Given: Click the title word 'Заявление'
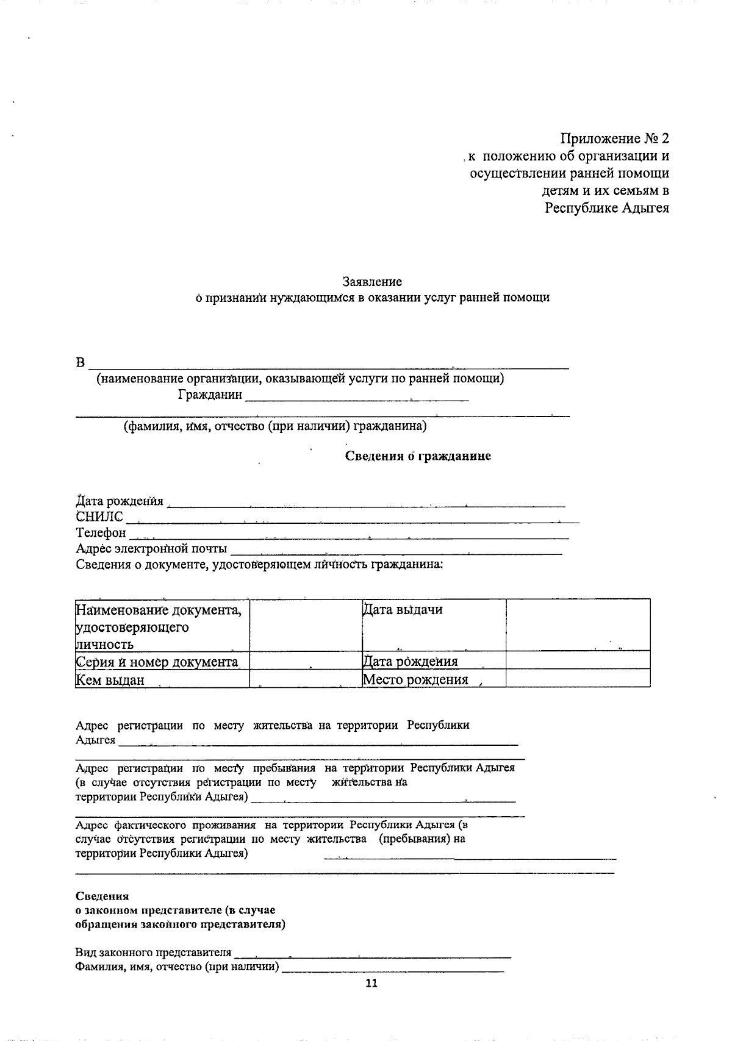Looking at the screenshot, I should point(372,282).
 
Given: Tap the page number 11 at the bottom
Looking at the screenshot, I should point(371,982).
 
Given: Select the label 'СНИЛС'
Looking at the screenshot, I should point(99,517).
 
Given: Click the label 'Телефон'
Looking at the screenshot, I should point(101,533).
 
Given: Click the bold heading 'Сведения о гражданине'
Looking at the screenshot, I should point(418,456).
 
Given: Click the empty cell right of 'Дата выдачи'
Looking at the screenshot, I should point(578,625).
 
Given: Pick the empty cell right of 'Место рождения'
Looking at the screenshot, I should point(578,678).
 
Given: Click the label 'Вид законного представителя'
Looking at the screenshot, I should point(153,952).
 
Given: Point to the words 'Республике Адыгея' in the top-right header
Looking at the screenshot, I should point(607,209).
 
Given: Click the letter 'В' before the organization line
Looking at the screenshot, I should point(81,363).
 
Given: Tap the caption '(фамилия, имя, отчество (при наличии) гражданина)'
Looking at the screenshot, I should point(275,426).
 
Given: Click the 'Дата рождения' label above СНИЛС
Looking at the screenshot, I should point(120,501).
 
